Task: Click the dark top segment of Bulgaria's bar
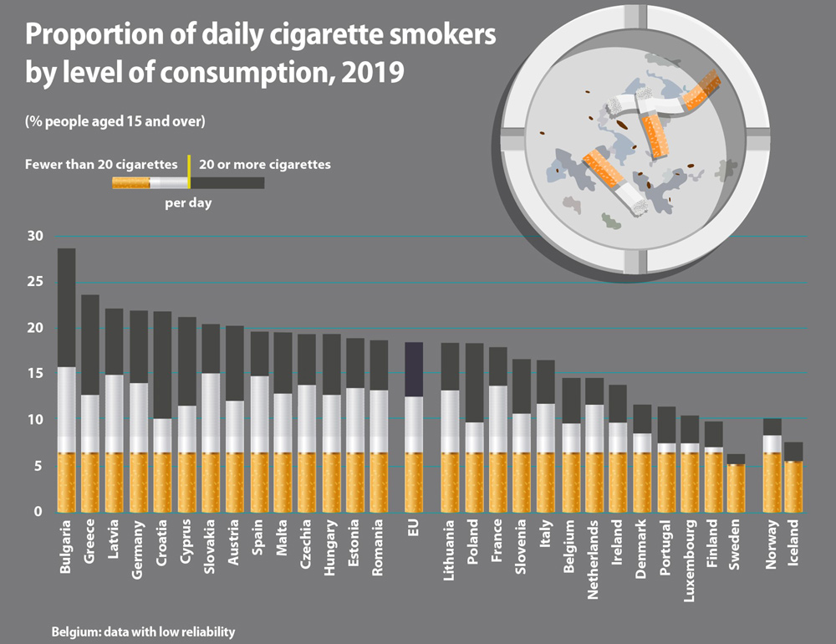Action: (x=66, y=307)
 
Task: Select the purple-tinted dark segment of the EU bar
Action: (x=414, y=369)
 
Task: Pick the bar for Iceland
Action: (x=794, y=481)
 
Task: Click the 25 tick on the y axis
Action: (x=35, y=283)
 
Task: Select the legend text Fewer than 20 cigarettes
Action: (x=101, y=164)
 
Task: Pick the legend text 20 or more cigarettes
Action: (x=264, y=164)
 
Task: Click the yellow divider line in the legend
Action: (x=189, y=170)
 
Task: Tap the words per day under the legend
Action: (x=187, y=203)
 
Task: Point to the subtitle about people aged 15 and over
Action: (x=115, y=121)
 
